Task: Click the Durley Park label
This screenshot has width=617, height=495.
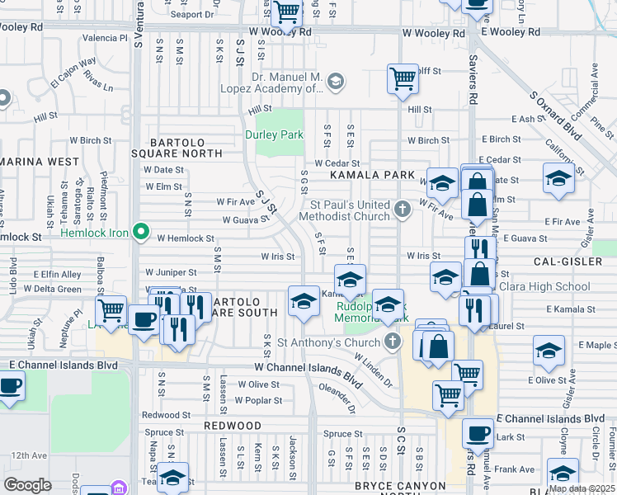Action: tap(274, 134)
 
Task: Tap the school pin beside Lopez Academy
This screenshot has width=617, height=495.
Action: tap(335, 81)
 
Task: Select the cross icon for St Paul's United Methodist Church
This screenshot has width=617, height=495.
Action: tap(403, 208)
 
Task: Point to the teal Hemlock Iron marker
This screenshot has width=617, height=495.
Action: tap(140, 233)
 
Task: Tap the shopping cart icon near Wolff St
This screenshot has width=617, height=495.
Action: tap(402, 80)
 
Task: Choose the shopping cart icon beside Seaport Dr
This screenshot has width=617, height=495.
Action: tap(286, 12)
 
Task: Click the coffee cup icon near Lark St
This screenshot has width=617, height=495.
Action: tap(478, 432)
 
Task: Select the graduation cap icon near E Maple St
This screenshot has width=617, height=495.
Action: tap(549, 350)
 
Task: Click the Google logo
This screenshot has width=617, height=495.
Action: tap(27, 484)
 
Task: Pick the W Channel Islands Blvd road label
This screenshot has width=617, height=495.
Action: tap(308, 372)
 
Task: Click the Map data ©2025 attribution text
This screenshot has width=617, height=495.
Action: tap(581, 488)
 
